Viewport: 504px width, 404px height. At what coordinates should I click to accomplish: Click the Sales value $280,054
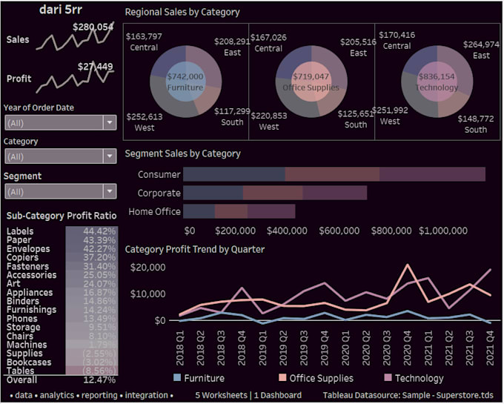pos(93,27)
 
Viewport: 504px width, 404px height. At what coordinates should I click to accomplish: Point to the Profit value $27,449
pos(95,67)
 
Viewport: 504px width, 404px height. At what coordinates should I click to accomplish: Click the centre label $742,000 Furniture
pos(185,82)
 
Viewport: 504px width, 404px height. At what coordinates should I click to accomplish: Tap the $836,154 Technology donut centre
pos(437,82)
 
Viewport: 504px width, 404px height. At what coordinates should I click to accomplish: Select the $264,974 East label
pos(481,50)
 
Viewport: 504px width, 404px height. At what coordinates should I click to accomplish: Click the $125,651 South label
pos(356,119)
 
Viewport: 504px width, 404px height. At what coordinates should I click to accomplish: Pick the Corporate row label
pos(159,193)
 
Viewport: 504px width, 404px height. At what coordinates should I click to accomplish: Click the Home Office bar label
pos(154,211)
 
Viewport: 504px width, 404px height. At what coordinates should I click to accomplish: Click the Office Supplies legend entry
pos(320,378)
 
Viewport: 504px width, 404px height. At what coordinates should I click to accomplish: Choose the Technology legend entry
pos(420,378)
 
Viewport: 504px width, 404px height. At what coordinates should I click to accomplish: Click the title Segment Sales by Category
pos(182,153)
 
